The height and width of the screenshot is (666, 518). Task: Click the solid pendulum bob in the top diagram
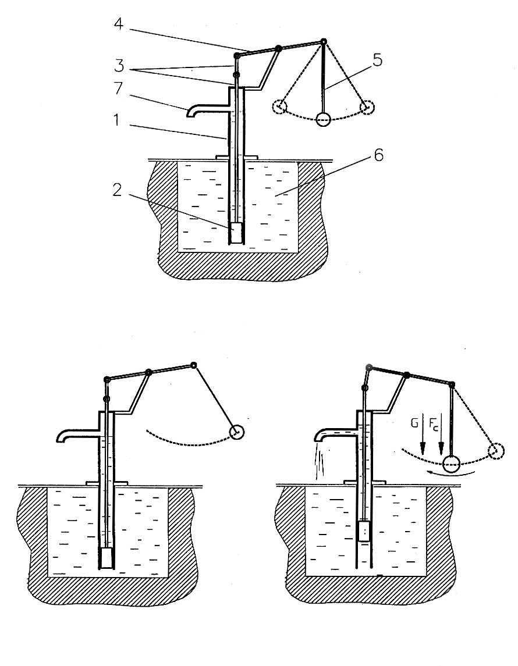[323, 119]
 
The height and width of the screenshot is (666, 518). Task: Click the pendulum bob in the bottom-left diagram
[237, 432]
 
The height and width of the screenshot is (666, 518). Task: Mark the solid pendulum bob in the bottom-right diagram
[451, 464]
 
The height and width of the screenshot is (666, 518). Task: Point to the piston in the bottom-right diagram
[364, 532]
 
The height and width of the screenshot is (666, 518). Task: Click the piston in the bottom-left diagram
[107, 558]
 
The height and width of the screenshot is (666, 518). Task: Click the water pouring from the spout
[318, 462]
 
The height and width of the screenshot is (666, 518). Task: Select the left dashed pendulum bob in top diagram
[281, 106]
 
